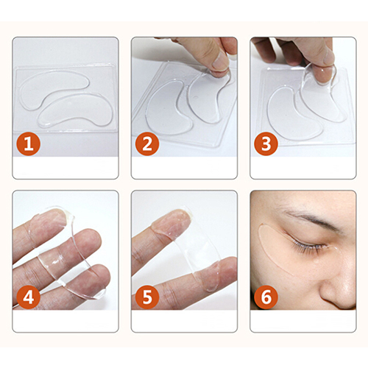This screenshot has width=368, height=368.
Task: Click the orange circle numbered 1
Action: point(29,144)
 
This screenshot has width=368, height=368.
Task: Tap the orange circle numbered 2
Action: point(147,144)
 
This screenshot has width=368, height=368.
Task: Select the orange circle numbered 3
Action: point(266,144)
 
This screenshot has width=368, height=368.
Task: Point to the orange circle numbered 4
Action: point(29,297)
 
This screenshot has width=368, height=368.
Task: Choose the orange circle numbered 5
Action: point(147,297)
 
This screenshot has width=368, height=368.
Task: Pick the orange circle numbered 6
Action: point(266,297)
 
